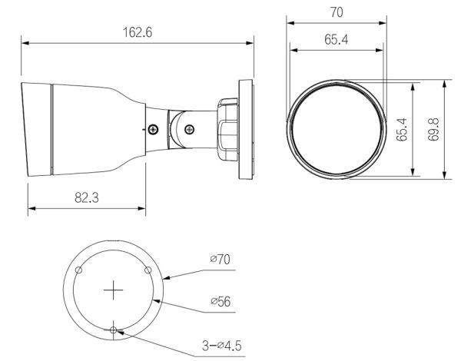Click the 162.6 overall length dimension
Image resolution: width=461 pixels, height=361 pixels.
(x=138, y=32)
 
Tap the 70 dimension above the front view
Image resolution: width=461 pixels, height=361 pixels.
(x=335, y=12)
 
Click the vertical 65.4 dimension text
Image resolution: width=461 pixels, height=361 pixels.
(x=402, y=130)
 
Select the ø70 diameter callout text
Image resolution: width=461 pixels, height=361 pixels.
(x=220, y=260)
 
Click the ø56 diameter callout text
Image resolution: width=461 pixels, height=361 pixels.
(x=220, y=301)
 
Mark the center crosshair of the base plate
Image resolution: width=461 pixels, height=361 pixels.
(x=114, y=290)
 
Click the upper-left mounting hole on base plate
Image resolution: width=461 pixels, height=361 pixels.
(x=79, y=270)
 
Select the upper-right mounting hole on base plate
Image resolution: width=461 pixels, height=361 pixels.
(x=148, y=270)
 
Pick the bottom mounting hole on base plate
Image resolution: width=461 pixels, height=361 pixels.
(x=114, y=330)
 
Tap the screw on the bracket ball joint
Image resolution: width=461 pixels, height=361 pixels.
(x=187, y=128)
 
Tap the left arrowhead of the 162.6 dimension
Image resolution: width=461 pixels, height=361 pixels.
(x=24, y=43)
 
